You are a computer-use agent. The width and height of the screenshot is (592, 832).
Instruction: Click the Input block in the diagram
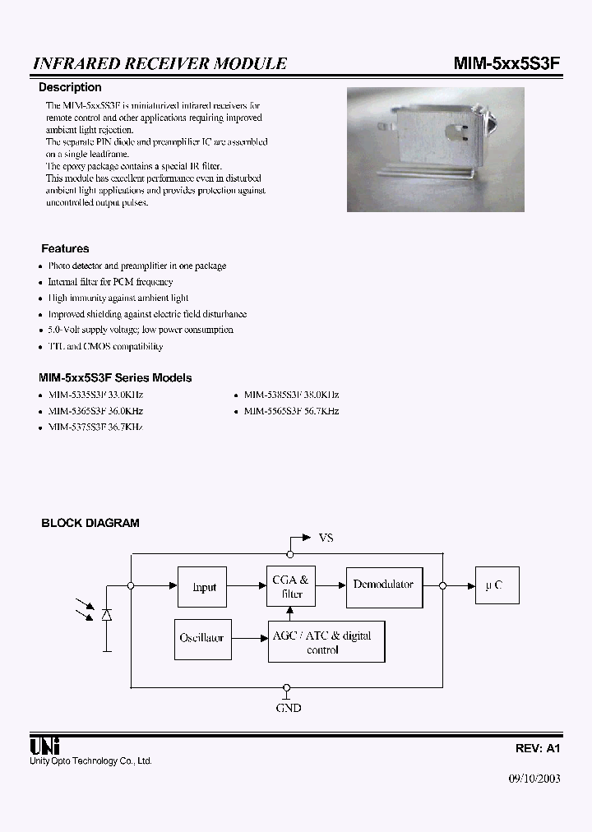coord(202,587)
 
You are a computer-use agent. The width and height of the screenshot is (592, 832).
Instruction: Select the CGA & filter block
coord(289,587)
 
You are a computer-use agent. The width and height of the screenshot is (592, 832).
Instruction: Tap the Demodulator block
coord(384,586)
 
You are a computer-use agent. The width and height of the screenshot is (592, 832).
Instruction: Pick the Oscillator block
coord(201,638)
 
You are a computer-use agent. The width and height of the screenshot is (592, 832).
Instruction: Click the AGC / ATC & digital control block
coord(326,642)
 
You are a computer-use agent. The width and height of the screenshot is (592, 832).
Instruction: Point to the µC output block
coord(497,586)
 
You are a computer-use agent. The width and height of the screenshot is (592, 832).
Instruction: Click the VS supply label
coord(326,538)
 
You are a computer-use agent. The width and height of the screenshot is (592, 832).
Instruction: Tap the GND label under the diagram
coord(288,707)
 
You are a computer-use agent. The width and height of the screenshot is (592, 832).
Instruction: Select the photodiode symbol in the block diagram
coord(106,615)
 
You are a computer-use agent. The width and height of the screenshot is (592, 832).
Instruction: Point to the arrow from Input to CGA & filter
coord(246,585)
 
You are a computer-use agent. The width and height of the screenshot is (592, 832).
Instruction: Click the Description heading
coord(70,87)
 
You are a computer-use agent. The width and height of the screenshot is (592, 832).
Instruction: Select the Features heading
coord(65,248)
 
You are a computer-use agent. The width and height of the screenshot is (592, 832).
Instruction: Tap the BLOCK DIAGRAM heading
coord(90,523)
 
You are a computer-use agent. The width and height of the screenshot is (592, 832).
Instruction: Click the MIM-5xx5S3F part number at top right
coord(507,63)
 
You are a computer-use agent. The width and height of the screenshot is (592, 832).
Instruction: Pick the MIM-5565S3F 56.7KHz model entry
coord(291,411)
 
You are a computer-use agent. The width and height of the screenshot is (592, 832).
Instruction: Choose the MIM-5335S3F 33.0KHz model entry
coord(95,395)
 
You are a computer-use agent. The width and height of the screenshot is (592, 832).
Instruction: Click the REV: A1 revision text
coord(538,749)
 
